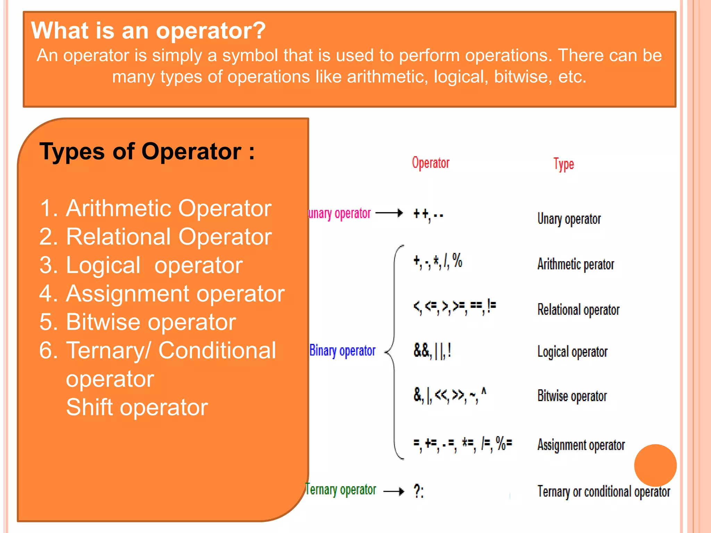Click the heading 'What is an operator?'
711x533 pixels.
148,31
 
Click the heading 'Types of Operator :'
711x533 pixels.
147,152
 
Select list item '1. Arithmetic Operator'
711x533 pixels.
156,208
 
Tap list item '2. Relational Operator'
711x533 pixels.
156,237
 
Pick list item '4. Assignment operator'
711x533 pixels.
162,294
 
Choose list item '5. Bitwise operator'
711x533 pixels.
137,322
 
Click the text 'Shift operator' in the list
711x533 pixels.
137,407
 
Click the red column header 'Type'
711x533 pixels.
563,164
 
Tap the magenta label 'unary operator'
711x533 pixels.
340,213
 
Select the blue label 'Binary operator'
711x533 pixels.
342,351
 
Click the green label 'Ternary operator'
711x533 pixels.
341,490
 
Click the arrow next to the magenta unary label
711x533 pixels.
389,213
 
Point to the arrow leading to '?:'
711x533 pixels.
394,491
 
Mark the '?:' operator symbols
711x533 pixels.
419,491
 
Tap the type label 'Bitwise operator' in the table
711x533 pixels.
572,396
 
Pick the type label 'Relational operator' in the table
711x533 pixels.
578,310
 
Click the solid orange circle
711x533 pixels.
655,465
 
